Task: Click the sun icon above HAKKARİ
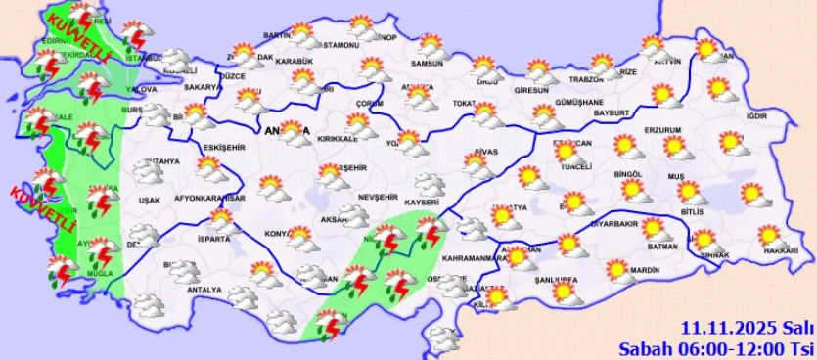(769, 234)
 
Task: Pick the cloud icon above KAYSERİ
(427, 182)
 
